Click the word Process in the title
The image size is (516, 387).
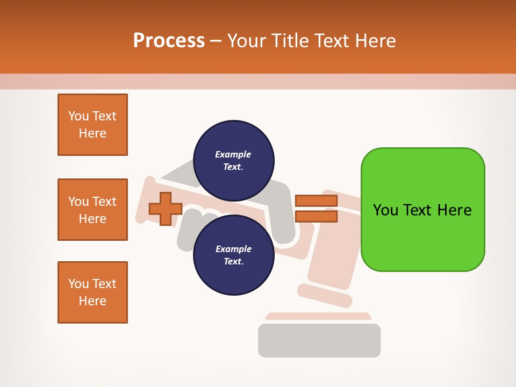169,40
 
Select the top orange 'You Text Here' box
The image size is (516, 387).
92,125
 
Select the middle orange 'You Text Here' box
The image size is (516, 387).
92,210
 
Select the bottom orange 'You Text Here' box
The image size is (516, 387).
92,292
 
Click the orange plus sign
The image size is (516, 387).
166,209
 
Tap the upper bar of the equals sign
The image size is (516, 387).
316,200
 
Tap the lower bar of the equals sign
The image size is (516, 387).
316,217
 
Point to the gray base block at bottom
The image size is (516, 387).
319,340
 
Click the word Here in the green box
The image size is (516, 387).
454,210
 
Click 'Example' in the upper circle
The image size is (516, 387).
233,154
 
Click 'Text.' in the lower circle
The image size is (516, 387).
233,262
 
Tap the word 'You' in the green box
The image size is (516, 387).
386,210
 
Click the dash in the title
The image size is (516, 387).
216,41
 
